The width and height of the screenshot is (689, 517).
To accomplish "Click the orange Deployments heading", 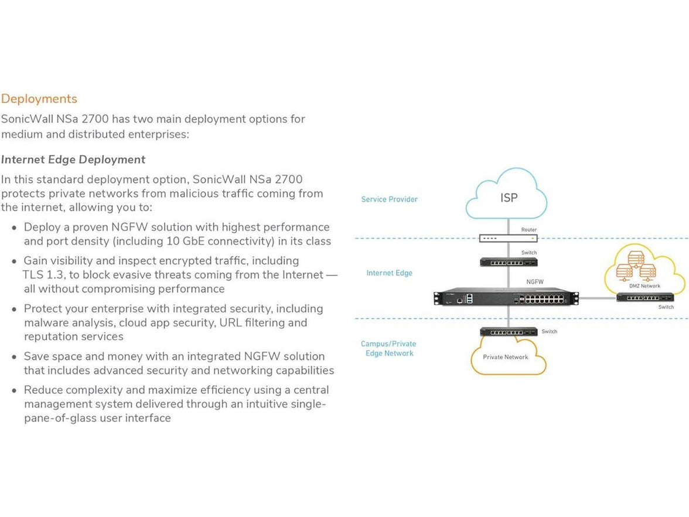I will coord(39,99).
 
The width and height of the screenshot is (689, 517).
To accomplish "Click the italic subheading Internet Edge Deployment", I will coord(73,159).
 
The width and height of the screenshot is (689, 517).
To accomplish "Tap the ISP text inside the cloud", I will coord(509,198).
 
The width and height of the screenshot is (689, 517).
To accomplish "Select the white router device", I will coord(508,239).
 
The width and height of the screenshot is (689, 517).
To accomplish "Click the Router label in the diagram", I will coord(528,230).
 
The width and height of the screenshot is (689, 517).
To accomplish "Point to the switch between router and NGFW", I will coord(508,262).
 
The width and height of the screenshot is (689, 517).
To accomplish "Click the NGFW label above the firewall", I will coord(534,282).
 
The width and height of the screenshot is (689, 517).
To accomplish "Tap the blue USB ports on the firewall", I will coord(469,298).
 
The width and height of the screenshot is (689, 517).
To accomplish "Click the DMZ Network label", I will coord(640,286).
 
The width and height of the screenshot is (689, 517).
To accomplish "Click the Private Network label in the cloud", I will coord(505,357).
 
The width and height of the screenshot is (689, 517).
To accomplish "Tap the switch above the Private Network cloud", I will coord(508,332).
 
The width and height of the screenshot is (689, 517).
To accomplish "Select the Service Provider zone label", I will coord(389,199).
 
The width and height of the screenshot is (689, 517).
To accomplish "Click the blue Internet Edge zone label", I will coord(389,273).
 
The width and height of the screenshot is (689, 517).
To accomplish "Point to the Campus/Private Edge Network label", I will coord(389,348).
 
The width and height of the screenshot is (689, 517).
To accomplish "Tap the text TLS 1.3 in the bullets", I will coord(45,275).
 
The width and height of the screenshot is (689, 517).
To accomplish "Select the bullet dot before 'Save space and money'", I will coord(14,357).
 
